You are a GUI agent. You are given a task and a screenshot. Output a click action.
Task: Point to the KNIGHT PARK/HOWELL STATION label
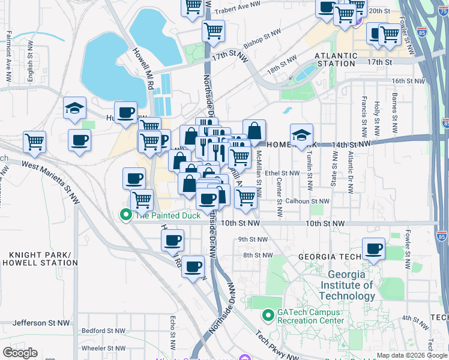point(40,259)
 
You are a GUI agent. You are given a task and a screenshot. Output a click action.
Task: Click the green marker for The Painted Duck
point(126,215)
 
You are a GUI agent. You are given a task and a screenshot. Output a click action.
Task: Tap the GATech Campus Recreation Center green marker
point(268,314)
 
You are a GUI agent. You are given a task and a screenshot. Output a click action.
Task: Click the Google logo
point(20,353)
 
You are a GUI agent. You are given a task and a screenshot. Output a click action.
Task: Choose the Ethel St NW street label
point(282,173)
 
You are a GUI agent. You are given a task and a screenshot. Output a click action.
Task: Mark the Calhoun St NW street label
point(307,201)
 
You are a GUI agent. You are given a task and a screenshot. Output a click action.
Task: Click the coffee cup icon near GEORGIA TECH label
point(373,249)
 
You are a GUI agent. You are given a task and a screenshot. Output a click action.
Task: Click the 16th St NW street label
point(408,80)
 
